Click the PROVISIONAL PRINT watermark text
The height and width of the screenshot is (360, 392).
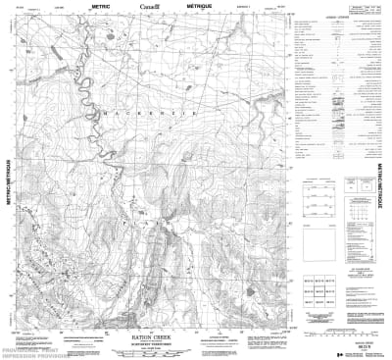[29, 347]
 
